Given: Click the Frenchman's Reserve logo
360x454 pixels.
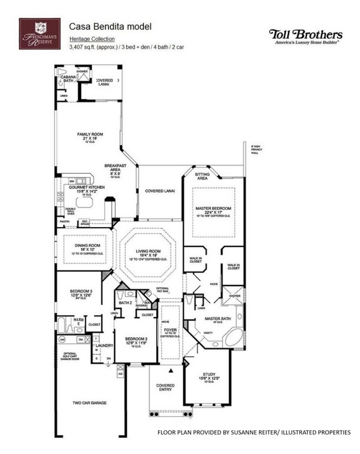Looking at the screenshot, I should tap(40, 33).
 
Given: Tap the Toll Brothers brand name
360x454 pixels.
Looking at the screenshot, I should tap(305, 34).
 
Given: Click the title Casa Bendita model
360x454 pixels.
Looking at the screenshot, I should tap(110, 26).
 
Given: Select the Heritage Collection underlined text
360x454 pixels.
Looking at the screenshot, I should tap(92, 39).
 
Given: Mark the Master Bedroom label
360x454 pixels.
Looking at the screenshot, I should tap(213, 208).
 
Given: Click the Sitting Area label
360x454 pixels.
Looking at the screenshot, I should tap(202, 177).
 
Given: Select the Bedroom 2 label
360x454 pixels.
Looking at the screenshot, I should tap(136, 339).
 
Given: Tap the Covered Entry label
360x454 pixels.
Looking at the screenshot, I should tap(165, 388).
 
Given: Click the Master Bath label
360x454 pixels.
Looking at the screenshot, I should tap(213, 319).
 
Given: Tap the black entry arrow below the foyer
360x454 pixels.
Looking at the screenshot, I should tap(171, 369).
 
